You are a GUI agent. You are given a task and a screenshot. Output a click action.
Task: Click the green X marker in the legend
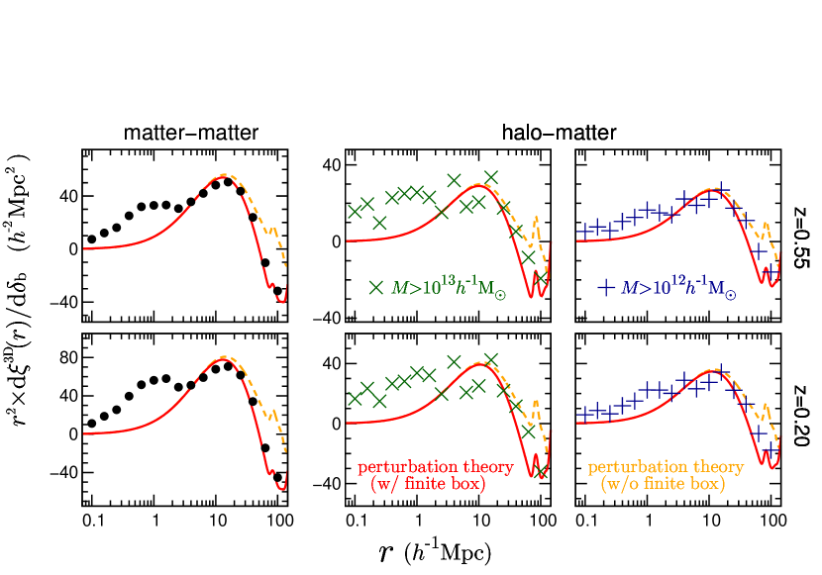coord(376,288)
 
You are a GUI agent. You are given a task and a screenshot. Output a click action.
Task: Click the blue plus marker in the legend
coord(606,288)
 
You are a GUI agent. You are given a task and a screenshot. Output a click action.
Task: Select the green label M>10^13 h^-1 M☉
coord(449,288)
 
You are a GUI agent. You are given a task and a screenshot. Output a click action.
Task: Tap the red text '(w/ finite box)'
coord(428,485)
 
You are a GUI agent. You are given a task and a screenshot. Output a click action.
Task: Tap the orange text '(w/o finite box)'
coord(663,485)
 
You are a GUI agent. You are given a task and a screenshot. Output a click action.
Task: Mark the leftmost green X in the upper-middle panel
coord(354,211)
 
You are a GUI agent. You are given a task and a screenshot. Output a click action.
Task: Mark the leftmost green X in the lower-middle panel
coord(354,398)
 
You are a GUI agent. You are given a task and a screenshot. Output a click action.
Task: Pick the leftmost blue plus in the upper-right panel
coord(583,231)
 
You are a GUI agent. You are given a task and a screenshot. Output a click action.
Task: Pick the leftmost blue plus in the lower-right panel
coord(583,413)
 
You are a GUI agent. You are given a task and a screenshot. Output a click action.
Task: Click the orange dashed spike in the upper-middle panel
coord(537,219)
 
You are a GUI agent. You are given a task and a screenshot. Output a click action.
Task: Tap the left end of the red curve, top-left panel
coord(84,248)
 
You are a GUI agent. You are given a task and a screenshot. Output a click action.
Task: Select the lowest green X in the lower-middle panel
coord(541,473)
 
